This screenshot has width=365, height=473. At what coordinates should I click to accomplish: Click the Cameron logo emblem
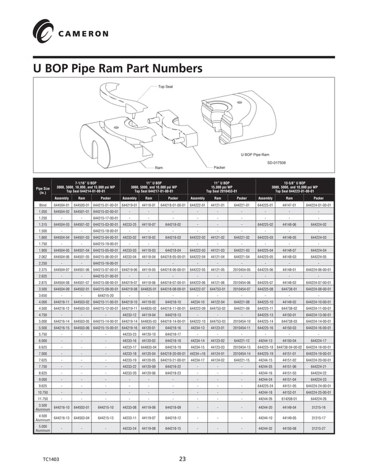point(43,29)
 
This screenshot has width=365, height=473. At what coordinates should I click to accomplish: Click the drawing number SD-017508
point(277,163)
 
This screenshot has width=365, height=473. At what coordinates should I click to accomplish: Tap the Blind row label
point(42,204)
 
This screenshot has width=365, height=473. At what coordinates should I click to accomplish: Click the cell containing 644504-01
point(61,204)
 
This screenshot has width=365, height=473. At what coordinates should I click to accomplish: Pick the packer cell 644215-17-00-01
point(105,218)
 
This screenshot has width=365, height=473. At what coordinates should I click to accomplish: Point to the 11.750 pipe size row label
point(42,398)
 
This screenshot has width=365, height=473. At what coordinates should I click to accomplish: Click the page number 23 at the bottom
point(182,458)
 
